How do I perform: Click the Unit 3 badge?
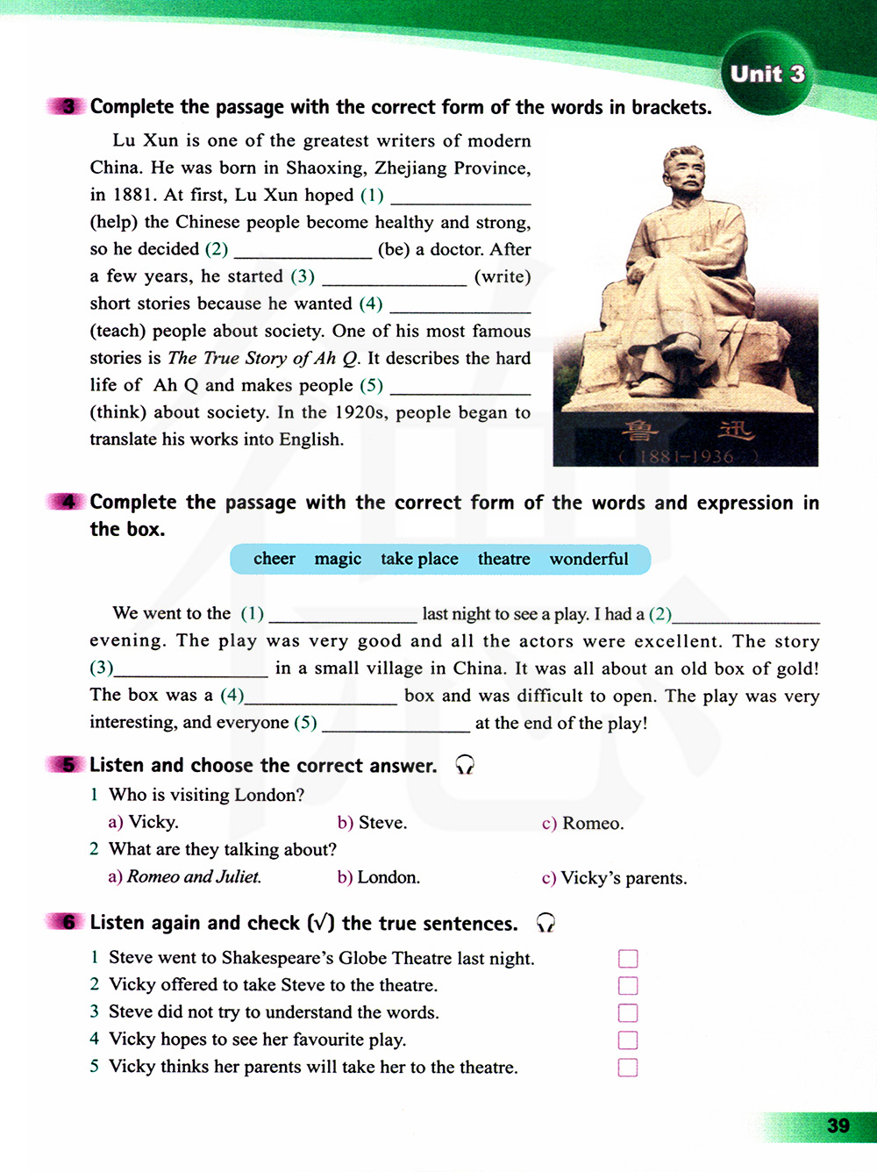767,75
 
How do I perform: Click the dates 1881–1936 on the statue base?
686,456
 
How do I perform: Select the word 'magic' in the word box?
338,559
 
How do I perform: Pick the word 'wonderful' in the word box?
588,559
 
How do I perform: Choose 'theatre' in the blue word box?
503,559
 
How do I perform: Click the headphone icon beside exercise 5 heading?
465,766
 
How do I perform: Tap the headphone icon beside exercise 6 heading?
545,923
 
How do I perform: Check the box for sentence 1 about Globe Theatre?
628,958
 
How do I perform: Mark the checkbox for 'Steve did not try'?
628,1012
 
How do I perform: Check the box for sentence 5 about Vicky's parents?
628,1068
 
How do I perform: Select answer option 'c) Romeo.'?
582,823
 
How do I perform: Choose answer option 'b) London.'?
378,877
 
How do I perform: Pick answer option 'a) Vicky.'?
143,822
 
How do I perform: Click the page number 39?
838,1126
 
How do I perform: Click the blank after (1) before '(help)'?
460,197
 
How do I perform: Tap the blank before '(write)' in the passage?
394,278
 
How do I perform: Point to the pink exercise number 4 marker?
67,502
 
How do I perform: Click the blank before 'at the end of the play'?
396,724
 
